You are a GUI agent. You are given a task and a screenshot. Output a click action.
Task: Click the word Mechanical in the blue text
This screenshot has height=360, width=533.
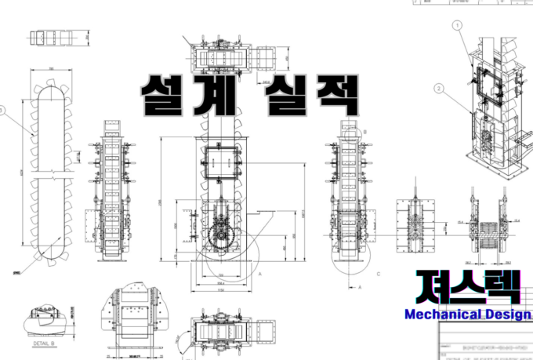coord(442,315)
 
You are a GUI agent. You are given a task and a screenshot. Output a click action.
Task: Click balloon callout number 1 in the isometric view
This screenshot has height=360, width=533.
coord(459,25)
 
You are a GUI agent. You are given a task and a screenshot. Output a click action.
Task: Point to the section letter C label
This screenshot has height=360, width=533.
coord(379,275)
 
